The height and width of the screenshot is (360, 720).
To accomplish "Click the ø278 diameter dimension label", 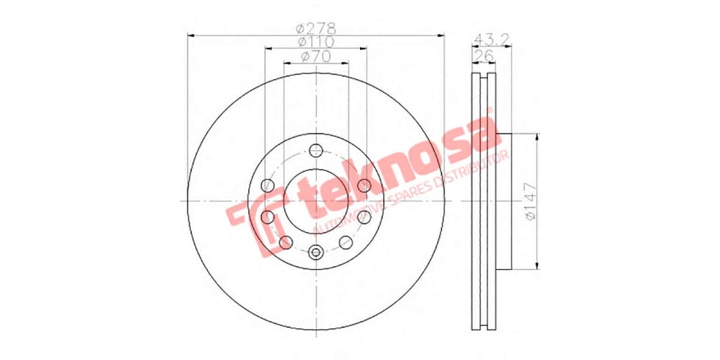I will [x=316, y=28].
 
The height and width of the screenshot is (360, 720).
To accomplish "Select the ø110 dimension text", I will [x=316, y=42].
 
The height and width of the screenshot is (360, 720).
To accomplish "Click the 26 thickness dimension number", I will [x=484, y=56].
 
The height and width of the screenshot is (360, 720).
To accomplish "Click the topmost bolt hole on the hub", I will [x=316, y=150].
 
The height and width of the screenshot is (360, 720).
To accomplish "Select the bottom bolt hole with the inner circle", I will [x=316, y=253].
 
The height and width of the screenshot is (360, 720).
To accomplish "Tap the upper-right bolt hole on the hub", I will [x=364, y=186].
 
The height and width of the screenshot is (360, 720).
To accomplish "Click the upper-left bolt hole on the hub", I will [x=268, y=186].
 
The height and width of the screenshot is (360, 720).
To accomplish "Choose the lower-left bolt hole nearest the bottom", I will [x=286, y=242].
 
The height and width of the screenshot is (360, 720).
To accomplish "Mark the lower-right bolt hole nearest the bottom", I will [x=346, y=242].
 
